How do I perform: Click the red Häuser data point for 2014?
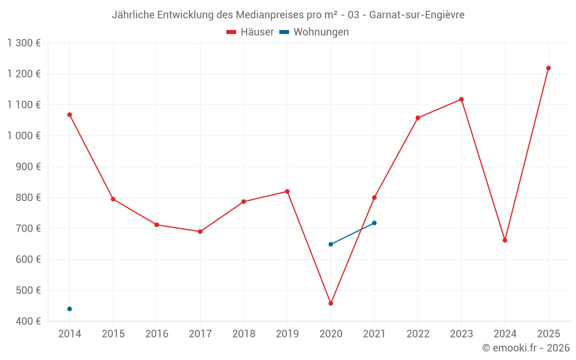(70, 115)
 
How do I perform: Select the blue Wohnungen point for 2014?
(70, 309)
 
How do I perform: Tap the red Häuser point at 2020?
(331, 304)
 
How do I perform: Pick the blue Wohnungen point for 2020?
(331, 244)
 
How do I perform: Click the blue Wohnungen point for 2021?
(374, 223)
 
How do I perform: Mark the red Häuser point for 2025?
(548, 68)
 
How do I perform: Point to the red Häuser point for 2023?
(461, 99)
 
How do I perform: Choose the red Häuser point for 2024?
(505, 240)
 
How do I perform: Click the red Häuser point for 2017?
(200, 232)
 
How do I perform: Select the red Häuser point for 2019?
(287, 191)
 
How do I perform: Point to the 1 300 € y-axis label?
(24, 43)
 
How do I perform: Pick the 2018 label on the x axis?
(244, 334)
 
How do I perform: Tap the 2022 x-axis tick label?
(418, 334)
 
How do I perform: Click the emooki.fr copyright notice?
(526, 348)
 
